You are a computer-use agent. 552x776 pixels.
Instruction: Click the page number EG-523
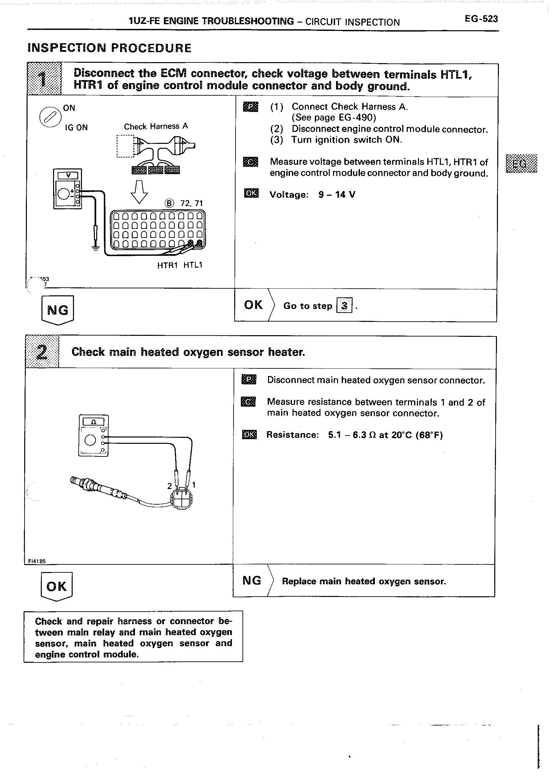point(481,19)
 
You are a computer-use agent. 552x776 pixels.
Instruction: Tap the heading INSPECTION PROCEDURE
point(109,48)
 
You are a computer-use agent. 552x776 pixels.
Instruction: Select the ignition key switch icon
point(50,117)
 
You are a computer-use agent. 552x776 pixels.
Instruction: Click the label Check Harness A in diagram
point(156,127)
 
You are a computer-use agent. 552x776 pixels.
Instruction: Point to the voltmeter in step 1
point(68,189)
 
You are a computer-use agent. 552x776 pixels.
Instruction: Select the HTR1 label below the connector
point(167,265)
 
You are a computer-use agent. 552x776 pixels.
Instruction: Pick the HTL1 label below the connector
point(193,265)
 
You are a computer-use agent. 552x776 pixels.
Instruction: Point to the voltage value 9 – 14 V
point(337,195)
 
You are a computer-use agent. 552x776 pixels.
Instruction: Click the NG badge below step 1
point(57,310)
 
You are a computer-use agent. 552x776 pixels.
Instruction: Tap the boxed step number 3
point(344,305)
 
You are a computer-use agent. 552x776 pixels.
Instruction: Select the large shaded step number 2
point(42,352)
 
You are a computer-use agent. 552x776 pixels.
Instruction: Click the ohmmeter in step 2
point(94,435)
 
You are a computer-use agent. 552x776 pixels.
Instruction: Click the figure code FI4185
point(35,561)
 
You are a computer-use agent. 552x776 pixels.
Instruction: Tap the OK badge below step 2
point(56,586)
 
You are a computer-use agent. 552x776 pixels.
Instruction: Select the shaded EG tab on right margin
point(521,164)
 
